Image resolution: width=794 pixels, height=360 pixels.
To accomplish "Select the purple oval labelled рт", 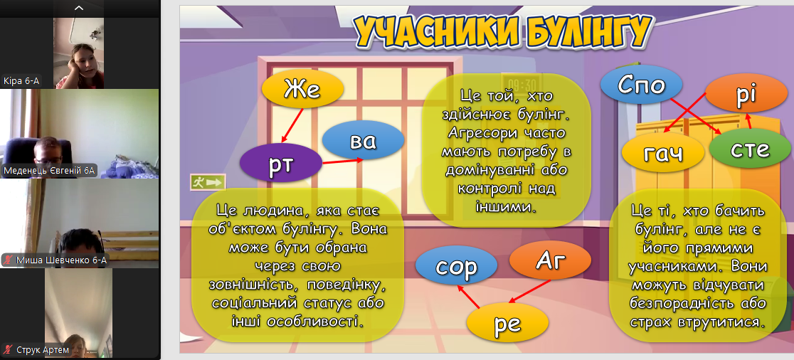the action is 280,163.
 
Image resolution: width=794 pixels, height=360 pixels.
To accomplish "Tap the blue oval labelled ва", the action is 363,139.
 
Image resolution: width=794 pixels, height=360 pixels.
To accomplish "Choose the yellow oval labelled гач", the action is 663,152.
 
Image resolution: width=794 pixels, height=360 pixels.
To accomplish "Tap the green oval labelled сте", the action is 750,149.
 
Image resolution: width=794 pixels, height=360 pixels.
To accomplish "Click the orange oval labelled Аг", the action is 550,261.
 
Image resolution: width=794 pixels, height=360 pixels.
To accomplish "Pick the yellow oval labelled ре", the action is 507,322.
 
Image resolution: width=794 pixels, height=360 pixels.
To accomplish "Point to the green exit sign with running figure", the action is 208,181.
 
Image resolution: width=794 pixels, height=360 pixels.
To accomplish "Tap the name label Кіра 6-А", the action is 21,80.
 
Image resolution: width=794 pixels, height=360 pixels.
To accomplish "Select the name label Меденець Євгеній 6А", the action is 49,170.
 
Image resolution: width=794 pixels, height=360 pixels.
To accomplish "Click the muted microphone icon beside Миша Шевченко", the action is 8,260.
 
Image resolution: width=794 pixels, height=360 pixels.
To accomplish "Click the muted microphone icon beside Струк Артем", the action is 8,349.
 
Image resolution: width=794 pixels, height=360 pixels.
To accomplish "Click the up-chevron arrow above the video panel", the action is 79,8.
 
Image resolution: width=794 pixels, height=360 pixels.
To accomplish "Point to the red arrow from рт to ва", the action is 342,162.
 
